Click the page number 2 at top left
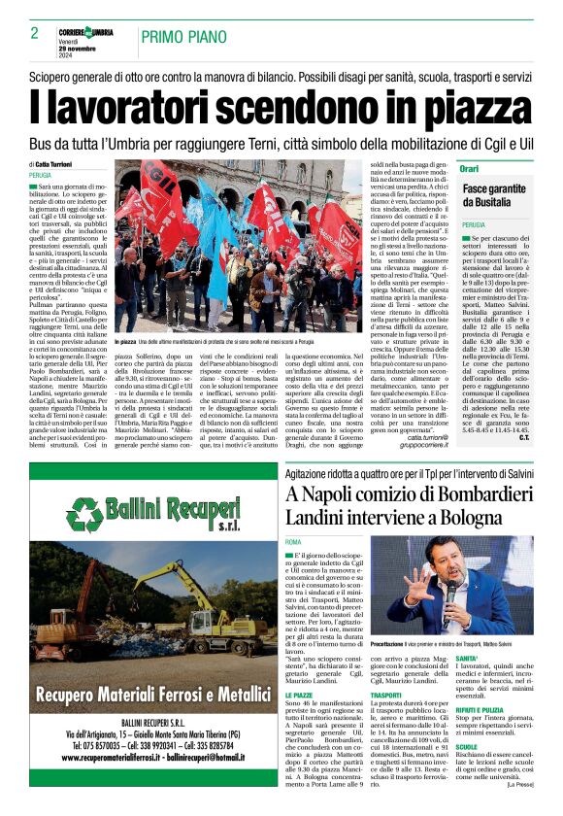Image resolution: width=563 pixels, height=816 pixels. click(34, 34)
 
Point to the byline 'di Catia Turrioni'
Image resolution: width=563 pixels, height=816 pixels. click(61, 165)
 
